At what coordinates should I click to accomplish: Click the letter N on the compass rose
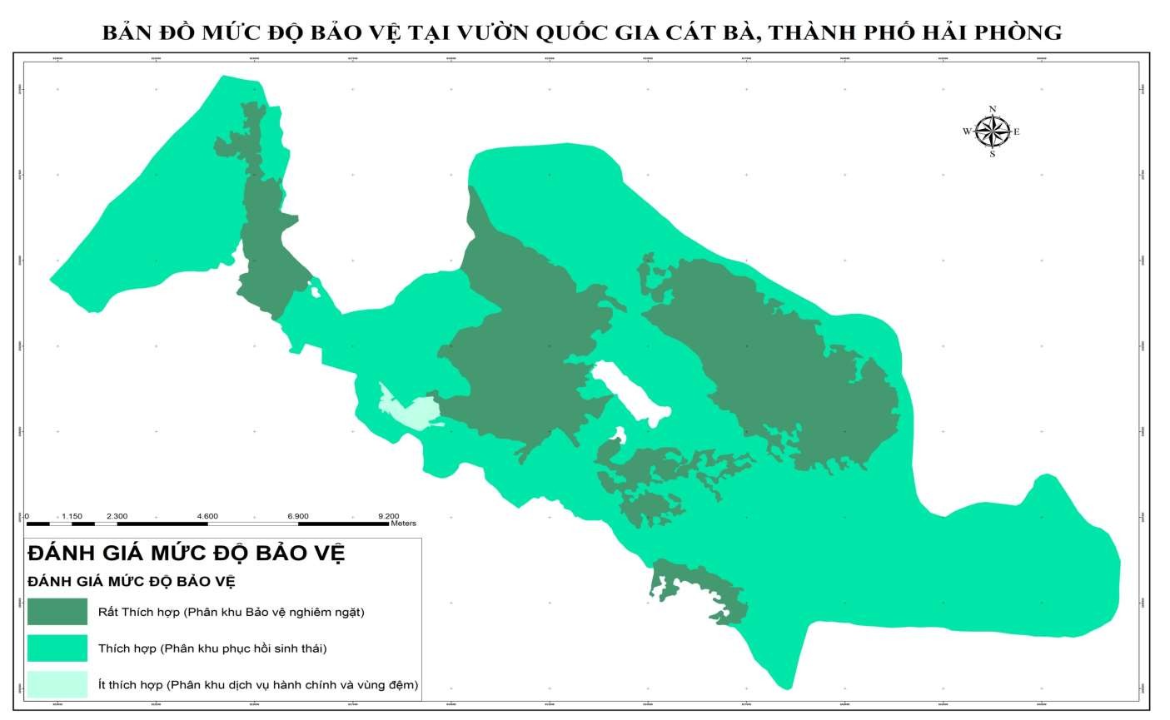click(x=992, y=109)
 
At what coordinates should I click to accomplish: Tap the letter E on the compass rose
click(x=1017, y=132)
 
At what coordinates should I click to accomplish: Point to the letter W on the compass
click(x=966, y=132)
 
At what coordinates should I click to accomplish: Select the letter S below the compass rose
click(x=992, y=154)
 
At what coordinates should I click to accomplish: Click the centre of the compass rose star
click(x=992, y=132)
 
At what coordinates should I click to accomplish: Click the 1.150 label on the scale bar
click(x=72, y=516)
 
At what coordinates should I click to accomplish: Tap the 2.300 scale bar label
click(x=117, y=516)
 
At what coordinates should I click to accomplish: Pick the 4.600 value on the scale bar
click(x=207, y=516)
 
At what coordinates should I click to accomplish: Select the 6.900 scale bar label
click(x=297, y=516)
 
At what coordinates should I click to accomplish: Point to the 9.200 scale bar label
click(x=387, y=516)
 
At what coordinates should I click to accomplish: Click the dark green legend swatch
click(x=57, y=612)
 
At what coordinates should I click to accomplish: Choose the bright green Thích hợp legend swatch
click(x=57, y=648)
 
